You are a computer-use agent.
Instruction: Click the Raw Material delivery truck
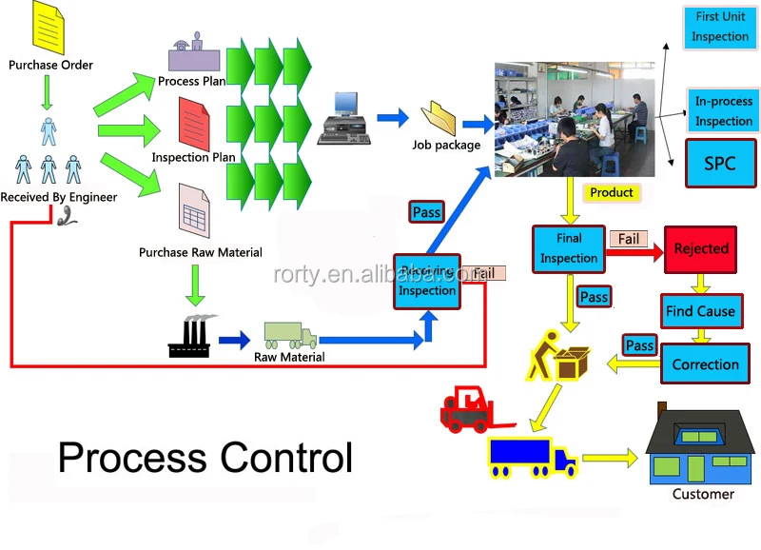point(289,336)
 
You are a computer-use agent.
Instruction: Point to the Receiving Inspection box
point(427,282)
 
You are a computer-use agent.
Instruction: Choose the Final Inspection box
point(569,247)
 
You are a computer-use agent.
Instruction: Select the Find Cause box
point(700,311)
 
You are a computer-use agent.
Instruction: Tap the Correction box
point(705,364)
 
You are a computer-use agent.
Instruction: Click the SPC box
point(720,163)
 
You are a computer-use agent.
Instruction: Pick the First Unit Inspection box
point(720,29)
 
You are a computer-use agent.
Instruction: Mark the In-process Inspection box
point(723,110)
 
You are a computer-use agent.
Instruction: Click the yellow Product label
point(611,192)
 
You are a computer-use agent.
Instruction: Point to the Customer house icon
point(702,447)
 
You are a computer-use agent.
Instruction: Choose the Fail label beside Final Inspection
point(629,239)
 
